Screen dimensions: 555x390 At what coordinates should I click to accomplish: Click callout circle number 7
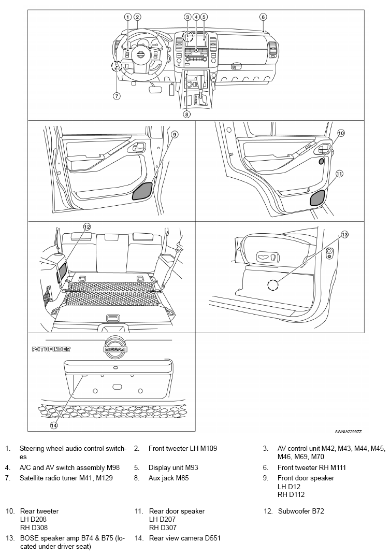[x=117, y=96]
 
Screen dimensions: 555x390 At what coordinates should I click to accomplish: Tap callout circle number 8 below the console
[x=186, y=115]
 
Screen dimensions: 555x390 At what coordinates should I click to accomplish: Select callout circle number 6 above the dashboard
[x=263, y=17]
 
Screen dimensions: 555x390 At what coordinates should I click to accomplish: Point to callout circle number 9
[x=175, y=135]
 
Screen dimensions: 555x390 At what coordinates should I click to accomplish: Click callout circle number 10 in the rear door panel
[x=340, y=133]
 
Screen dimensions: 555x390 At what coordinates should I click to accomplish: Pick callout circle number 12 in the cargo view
[x=87, y=226]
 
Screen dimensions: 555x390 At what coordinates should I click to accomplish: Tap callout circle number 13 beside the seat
[x=344, y=235]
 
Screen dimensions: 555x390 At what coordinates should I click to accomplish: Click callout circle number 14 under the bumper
[x=53, y=425]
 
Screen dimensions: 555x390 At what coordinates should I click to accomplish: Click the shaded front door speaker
[x=142, y=191]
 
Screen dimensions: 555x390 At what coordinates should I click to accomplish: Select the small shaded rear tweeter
[x=322, y=161]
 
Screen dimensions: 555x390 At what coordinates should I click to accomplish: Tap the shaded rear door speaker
[x=317, y=198]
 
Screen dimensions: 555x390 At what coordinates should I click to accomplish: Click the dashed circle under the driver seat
[x=273, y=285]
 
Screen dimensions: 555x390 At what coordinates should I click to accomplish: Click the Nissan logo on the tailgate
[x=114, y=349]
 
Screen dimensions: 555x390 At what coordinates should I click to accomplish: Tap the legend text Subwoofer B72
[x=301, y=511]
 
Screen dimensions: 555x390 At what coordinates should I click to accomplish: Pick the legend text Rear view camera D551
[x=184, y=538]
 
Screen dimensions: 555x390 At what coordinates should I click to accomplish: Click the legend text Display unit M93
[x=173, y=467]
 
